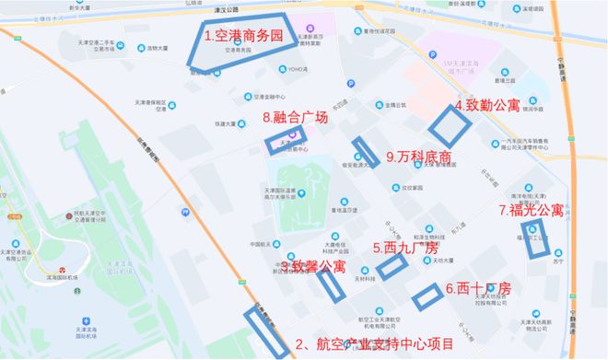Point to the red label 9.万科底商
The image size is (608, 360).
pos(420,157)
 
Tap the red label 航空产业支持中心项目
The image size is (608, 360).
pos(376,345)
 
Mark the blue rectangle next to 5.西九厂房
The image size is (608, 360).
pos(391,265)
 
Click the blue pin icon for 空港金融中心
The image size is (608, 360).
pos(247,97)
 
